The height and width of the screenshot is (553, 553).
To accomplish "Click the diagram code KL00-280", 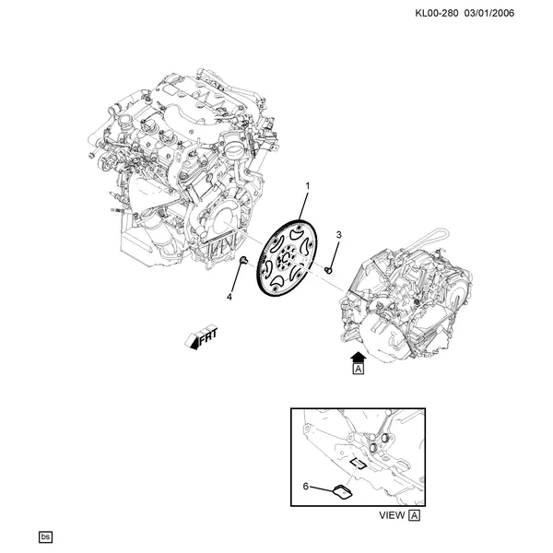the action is point(437,14).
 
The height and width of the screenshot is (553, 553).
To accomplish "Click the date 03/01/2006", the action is point(489,14).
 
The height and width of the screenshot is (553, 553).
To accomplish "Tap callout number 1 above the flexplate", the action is point(308,185).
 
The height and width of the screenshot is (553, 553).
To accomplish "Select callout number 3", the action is point(338,235).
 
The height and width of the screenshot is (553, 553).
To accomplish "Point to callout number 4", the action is point(229,298).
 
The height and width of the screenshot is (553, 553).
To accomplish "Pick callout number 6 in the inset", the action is point(305,487).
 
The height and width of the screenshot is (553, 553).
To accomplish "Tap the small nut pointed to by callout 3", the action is point(328,270).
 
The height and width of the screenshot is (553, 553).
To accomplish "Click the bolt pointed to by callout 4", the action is point(243,260).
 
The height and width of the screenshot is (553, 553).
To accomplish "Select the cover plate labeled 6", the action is point(343,492).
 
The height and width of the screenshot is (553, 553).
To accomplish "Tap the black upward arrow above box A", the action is point(359,358).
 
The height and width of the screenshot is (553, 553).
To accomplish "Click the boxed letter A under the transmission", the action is point(359,370).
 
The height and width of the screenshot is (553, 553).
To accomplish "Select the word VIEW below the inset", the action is point(392,515).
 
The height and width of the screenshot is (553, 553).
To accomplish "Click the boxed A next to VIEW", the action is point(415,515).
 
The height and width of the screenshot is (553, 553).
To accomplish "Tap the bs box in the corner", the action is point(45,536).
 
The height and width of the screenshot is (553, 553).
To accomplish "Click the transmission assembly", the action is point(406,300).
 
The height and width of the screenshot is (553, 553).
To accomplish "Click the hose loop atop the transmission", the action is point(423,239).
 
